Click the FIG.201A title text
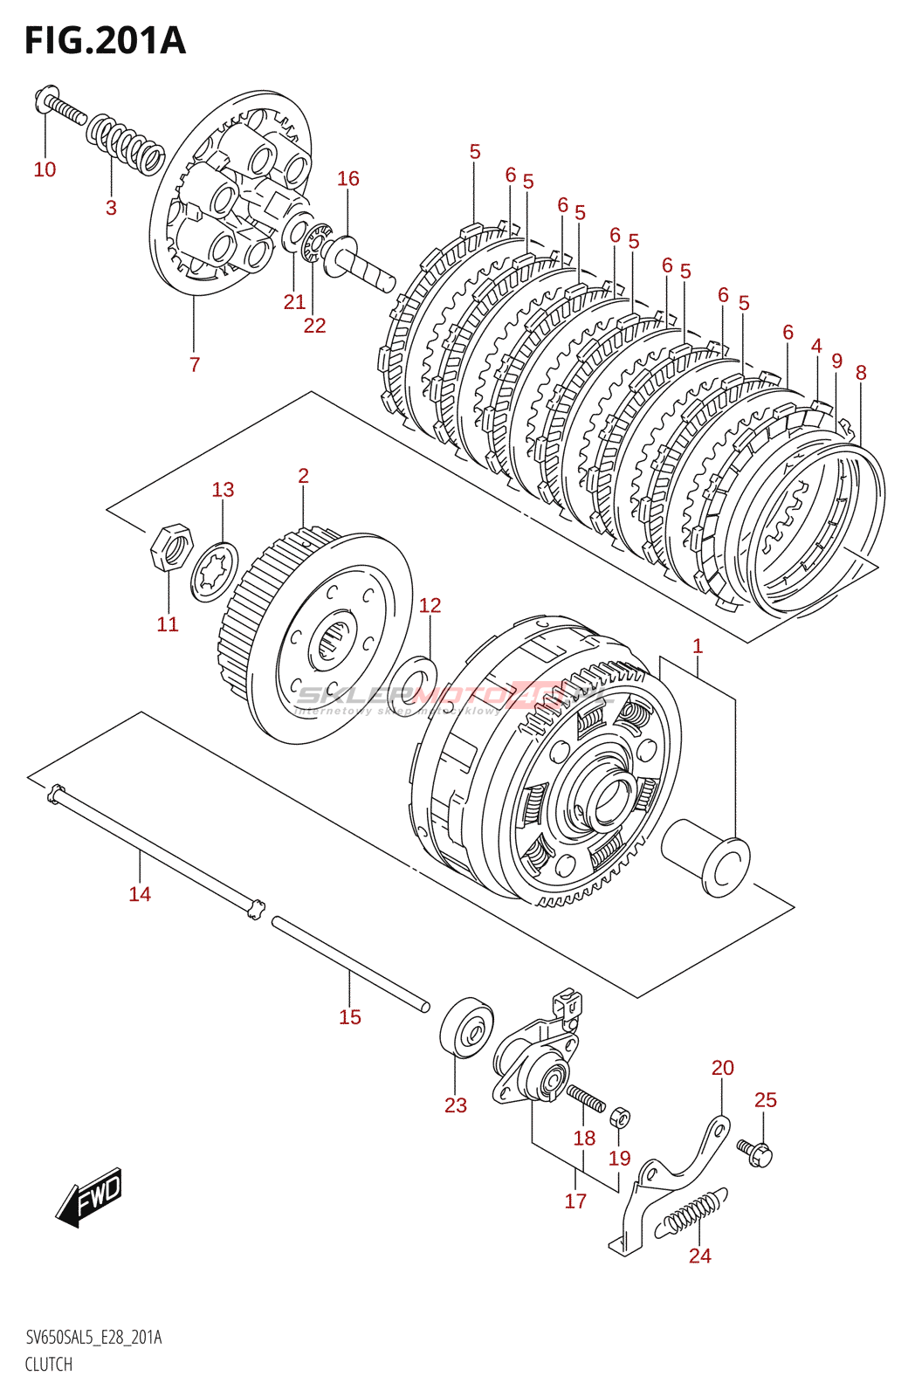(x=105, y=41)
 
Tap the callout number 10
(x=45, y=169)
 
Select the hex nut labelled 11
(x=170, y=547)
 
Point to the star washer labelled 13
(x=215, y=571)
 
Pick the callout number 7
(x=195, y=364)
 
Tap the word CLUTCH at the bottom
(x=48, y=1364)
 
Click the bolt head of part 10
(x=45, y=98)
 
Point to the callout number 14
(x=140, y=893)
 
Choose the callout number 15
(x=349, y=1016)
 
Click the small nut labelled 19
(x=620, y=1117)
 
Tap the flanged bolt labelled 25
(x=755, y=1153)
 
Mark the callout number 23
(x=456, y=1105)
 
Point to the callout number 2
(x=303, y=476)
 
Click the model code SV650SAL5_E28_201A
(x=93, y=1338)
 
